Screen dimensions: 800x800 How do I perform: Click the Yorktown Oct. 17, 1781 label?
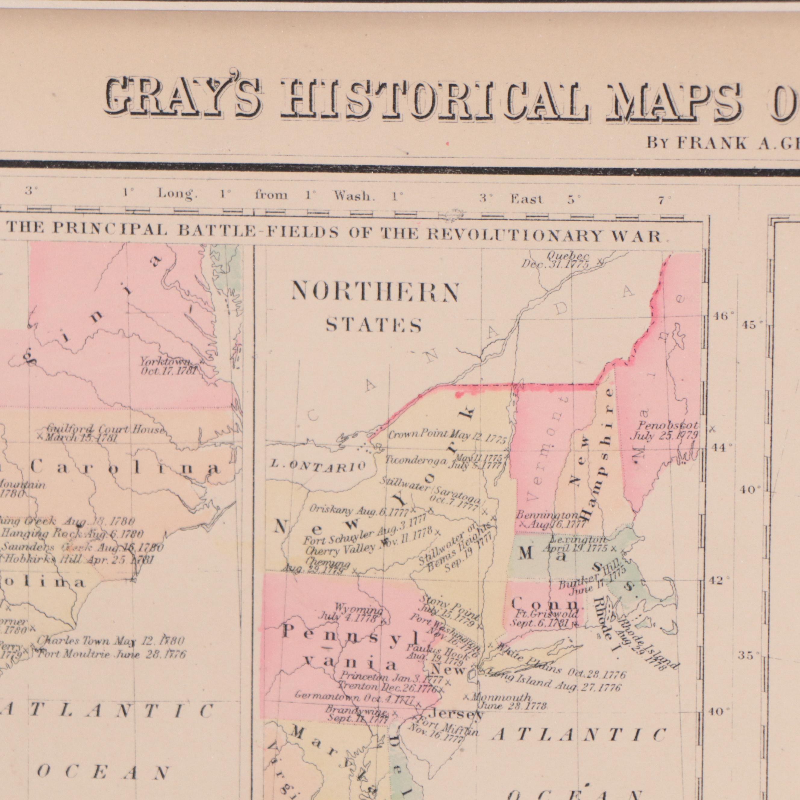[x=168, y=367]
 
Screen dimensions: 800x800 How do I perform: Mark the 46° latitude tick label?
[x=723, y=317]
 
